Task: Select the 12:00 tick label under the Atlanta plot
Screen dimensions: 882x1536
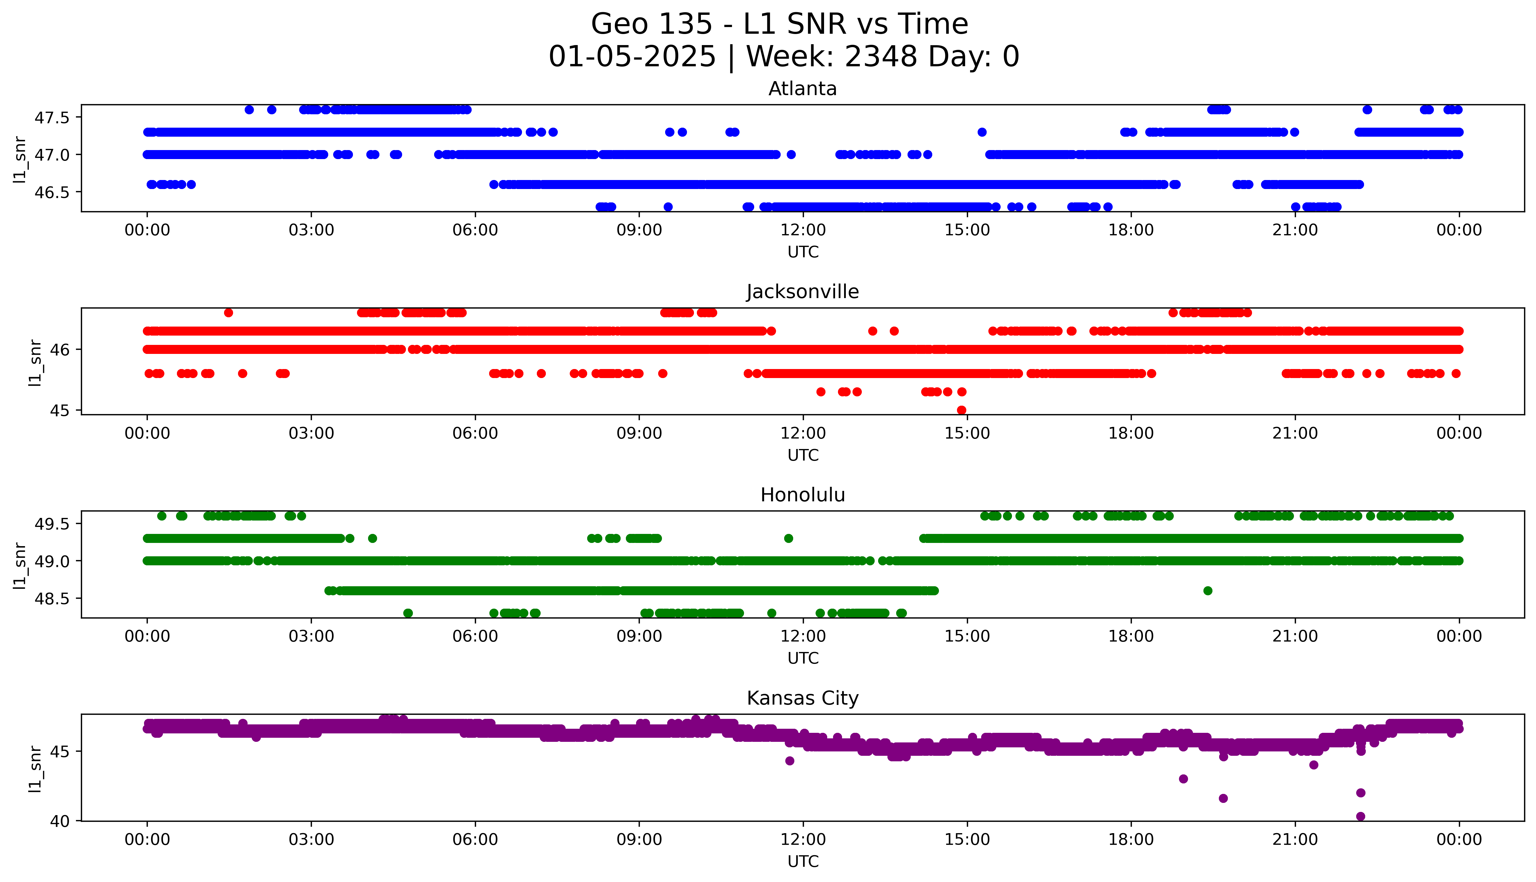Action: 803,230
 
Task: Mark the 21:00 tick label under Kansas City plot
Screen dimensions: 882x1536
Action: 1295,840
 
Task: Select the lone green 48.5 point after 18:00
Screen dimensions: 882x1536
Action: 1208,591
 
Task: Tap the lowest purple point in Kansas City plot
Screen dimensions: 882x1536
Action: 1360,817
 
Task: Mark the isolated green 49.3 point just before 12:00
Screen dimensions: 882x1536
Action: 788,538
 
